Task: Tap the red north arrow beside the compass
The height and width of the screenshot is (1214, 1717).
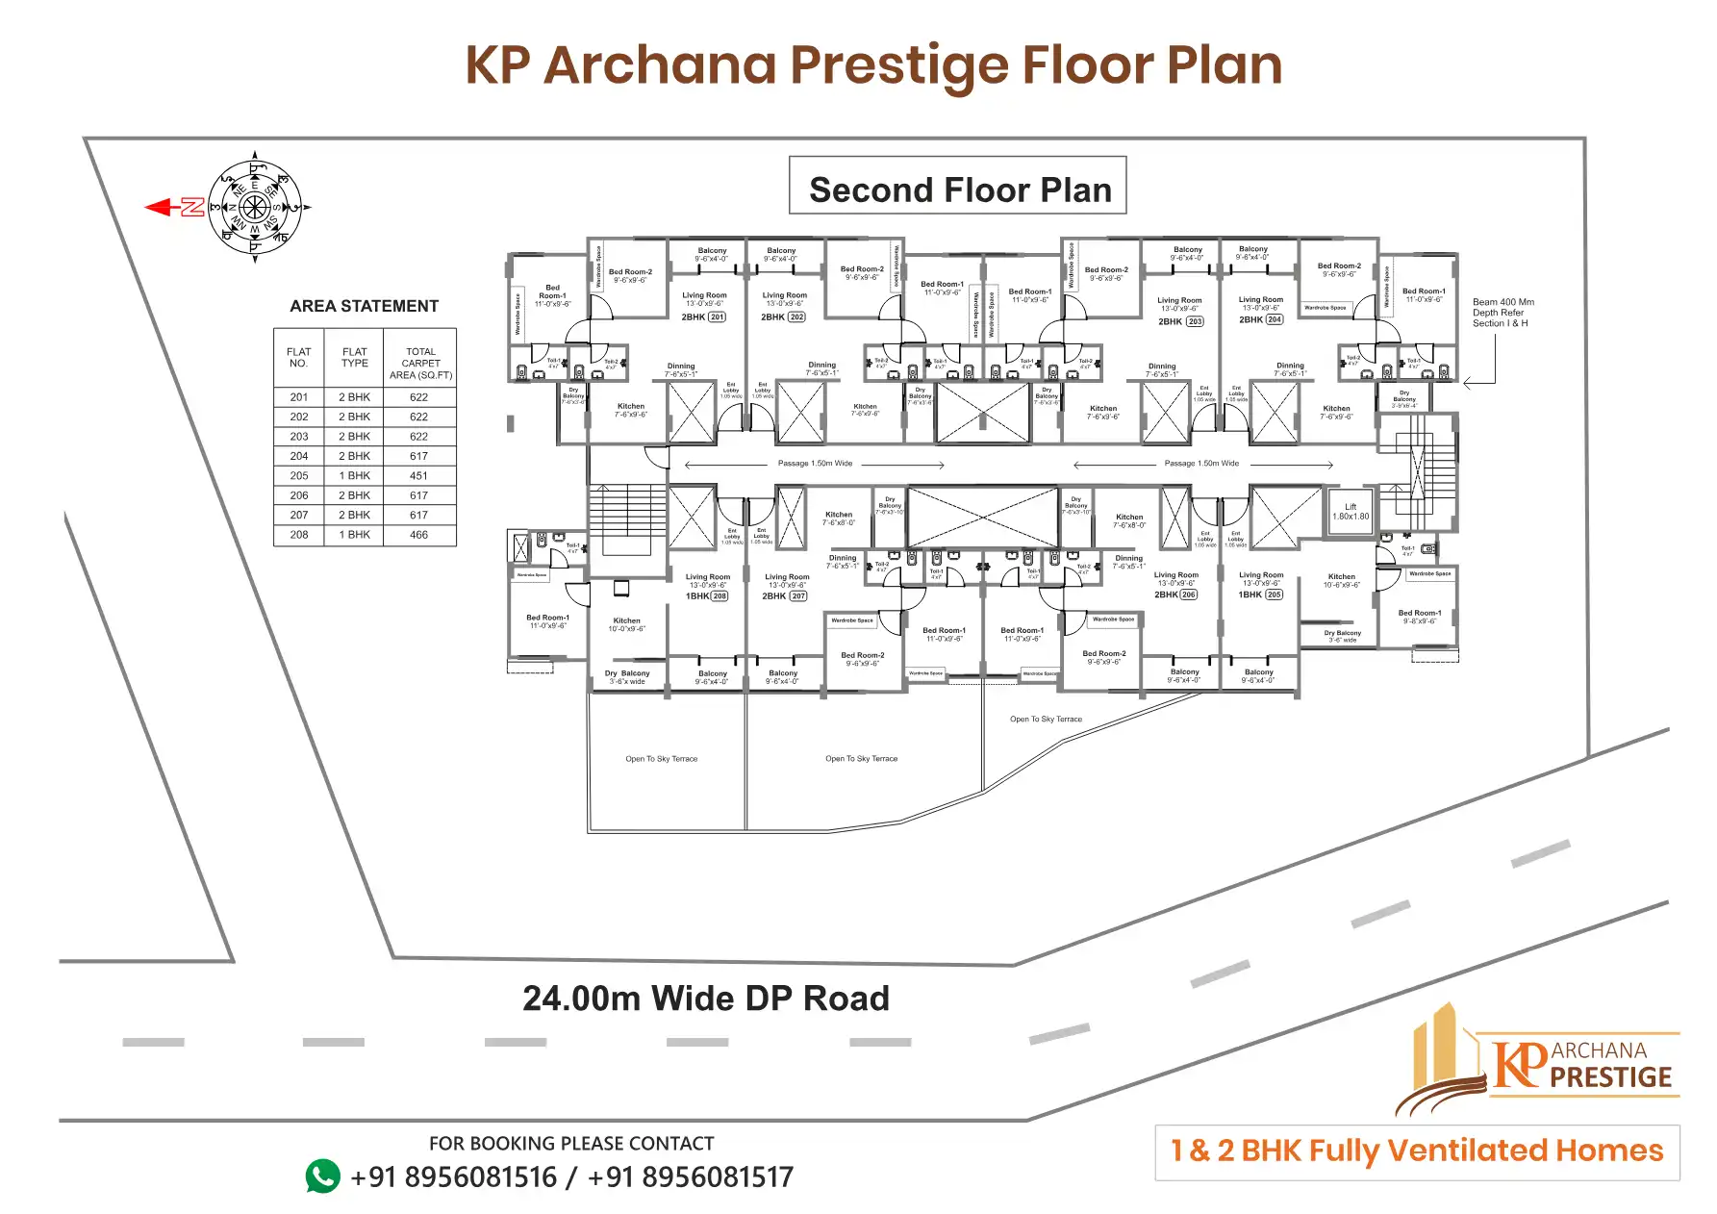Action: [x=174, y=207]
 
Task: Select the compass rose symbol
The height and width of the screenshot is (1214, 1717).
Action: [x=255, y=207]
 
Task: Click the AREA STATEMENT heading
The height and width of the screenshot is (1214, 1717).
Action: [x=364, y=306]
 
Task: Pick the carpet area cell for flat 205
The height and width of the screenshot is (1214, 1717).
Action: [x=418, y=475]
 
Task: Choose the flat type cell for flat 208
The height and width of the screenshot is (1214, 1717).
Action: [x=354, y=534]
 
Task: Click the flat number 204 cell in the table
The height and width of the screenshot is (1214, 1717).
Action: [x=299, y=456]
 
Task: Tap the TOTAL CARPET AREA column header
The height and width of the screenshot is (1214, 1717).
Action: [x=420, y=363]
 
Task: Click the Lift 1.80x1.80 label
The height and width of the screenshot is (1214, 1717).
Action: [x=1351, y=512]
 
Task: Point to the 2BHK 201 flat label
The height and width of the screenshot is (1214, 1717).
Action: [x=704, y=316]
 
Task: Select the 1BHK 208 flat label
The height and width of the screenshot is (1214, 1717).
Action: [x=707, y=596]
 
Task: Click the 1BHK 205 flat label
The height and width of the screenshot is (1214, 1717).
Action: [x=1261, y=594]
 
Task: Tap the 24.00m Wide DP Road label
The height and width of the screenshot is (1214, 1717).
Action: [x=705, y=999]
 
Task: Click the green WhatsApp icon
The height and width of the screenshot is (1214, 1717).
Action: [x=322, y=1176]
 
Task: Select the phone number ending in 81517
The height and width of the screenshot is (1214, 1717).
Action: [x=690, y=1176]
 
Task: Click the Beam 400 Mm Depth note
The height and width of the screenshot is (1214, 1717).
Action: [x=1502, y=313]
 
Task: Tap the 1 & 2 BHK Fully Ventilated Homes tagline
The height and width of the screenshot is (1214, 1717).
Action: [x=1417, y=1151]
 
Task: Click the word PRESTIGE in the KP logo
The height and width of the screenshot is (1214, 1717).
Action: [x=1611, y=1077]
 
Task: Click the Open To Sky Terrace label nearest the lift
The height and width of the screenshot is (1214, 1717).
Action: [x=1046, y=719]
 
